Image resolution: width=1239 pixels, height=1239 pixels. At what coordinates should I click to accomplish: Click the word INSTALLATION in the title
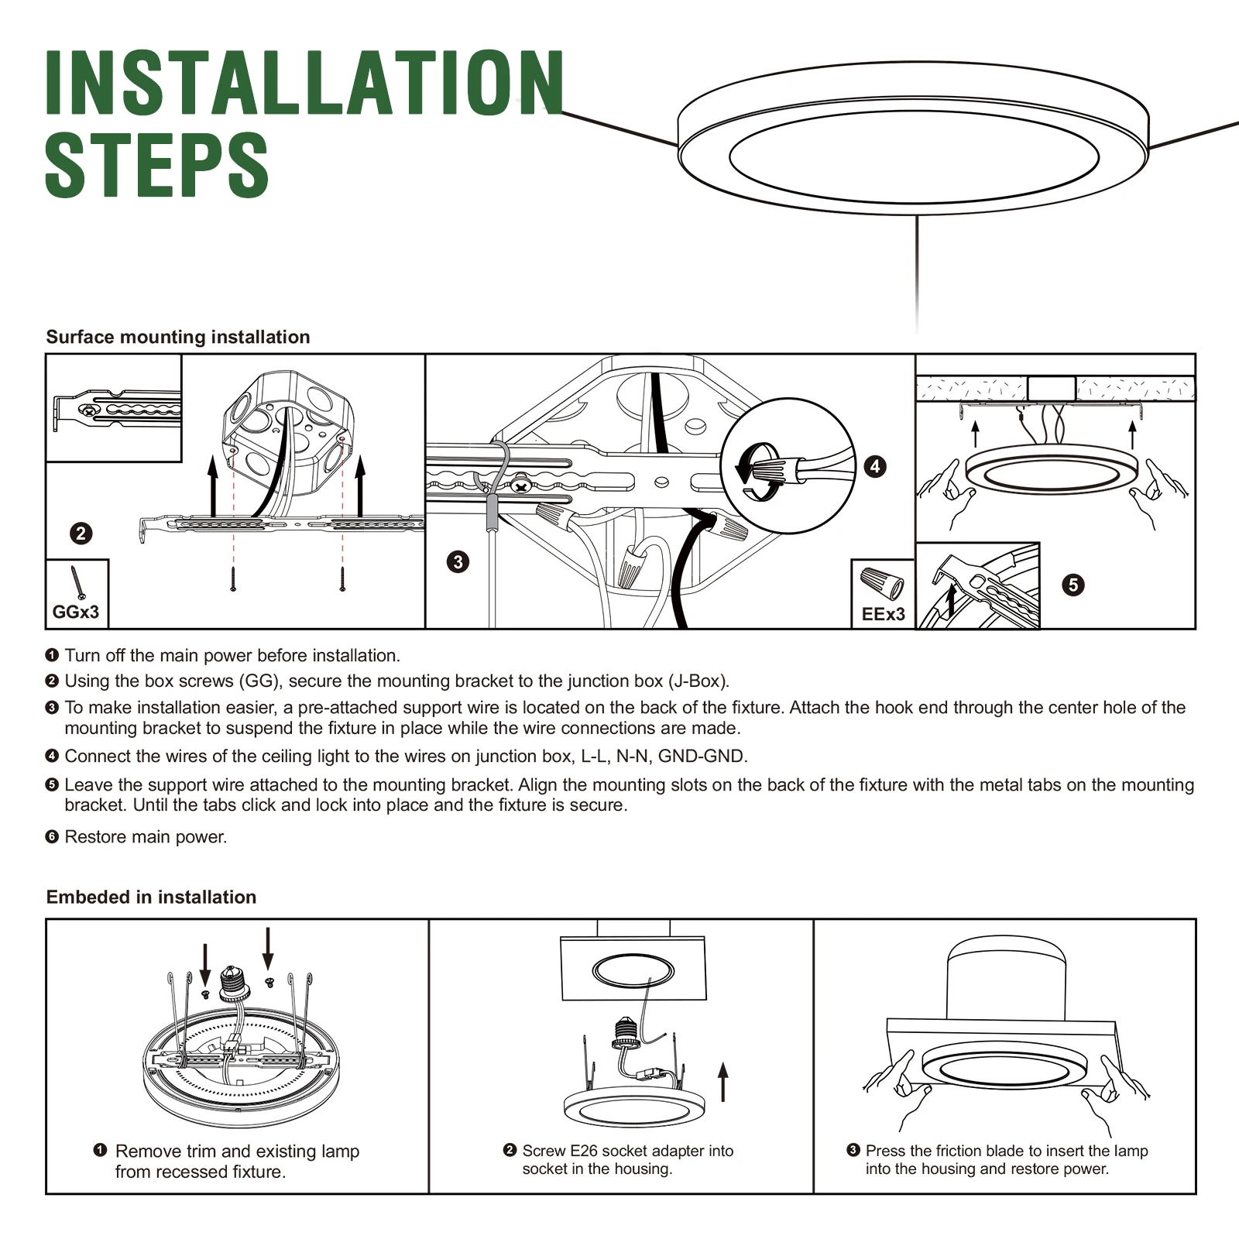pos(305,83)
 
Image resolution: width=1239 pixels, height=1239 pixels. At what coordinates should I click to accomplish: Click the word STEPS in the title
pos(157,164)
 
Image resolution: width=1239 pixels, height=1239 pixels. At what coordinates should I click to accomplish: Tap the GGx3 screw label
pos(76,613)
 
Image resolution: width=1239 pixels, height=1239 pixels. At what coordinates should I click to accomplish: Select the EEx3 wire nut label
pos(884,614)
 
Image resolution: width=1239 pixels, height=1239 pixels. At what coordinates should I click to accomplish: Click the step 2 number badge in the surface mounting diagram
pos(81,534)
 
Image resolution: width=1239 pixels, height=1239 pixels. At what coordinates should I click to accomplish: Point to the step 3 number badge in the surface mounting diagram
pos(458,561)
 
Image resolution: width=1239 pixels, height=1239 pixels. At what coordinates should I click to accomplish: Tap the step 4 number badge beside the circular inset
pos(875,466)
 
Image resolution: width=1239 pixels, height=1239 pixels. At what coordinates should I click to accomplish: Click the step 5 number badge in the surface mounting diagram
pos(1073,585)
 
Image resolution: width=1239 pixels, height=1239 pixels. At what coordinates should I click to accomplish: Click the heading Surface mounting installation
pos(178,337)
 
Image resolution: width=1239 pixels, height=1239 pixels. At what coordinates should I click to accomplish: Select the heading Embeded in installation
pos(151,897)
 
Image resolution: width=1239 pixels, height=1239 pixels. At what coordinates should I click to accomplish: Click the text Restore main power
pos(146,837)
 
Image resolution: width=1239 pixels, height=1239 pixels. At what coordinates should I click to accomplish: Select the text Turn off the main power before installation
pos(232,656)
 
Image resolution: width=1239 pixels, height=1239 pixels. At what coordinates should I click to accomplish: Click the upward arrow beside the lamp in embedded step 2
pos(723,1082)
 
